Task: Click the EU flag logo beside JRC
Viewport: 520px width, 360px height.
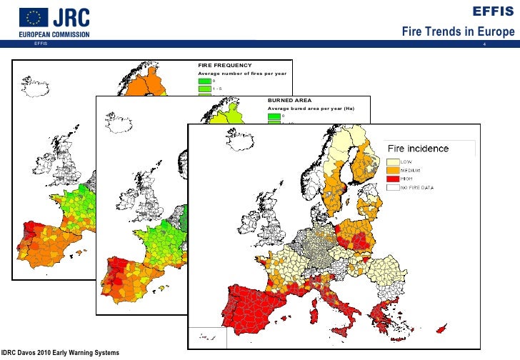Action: (34, 17)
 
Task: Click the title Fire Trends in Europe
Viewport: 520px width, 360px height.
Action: (458, 33)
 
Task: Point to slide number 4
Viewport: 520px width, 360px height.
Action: (485, 46)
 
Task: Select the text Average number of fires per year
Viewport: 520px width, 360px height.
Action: (242, 73)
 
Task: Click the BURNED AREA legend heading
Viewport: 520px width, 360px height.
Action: (291, 101)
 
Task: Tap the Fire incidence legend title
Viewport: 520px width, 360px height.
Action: (418, 149)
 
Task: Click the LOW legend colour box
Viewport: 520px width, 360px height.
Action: (393, 161)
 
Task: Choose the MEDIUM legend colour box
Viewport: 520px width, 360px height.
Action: (393, 170)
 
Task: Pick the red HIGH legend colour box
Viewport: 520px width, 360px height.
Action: (393, 179)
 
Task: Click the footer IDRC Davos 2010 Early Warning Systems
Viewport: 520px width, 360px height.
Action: (60, 353)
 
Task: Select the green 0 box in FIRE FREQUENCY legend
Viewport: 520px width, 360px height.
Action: (205, 81)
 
